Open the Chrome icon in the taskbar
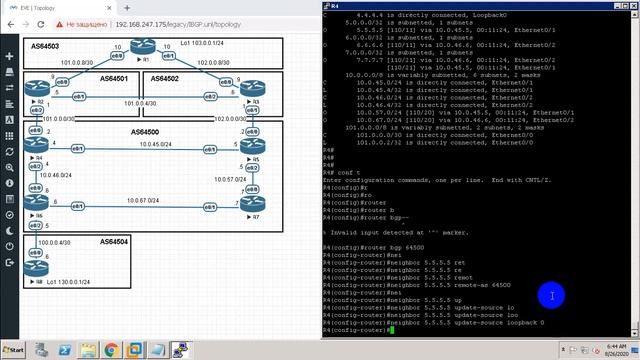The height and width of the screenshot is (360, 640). pos(110,351)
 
